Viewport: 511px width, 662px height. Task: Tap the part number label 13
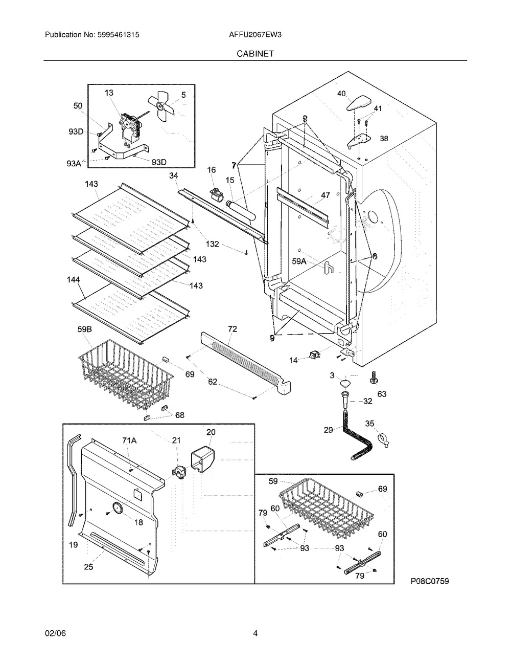click(109, 93)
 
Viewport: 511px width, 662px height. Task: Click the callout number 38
click(383, 139)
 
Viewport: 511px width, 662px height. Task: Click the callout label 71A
click(128, 439)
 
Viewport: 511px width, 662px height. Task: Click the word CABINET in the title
click(255, 53)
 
